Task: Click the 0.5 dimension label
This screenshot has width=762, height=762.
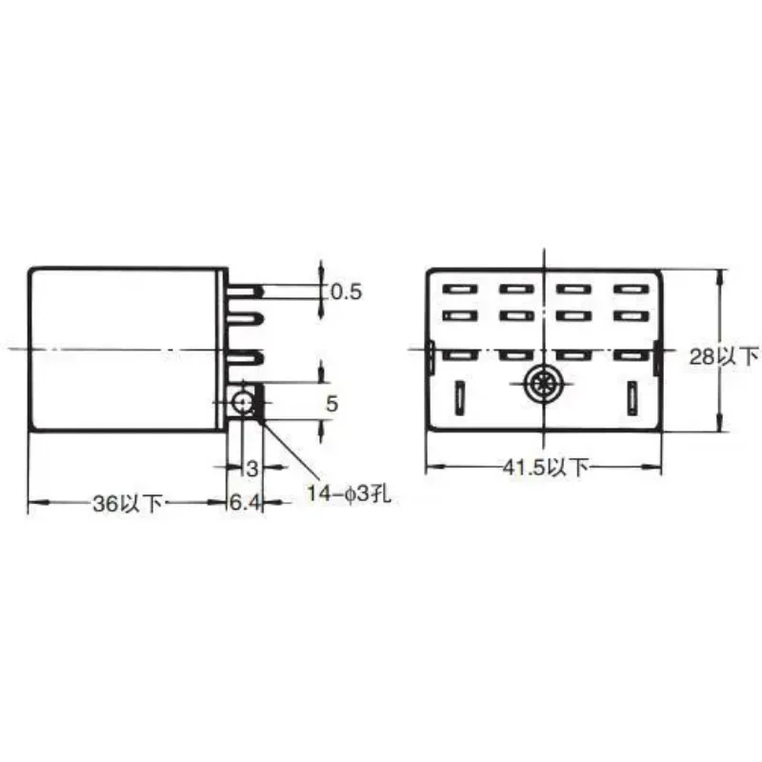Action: click(x=347, y=291)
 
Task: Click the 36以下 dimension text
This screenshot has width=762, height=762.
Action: click(x=128, y=504)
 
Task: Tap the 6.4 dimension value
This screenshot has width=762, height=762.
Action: click(x=246, y=503)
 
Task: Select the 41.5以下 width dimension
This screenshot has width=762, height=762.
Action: click(x=545, y=468)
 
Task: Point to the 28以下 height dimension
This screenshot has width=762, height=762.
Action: click(x=724, y=357)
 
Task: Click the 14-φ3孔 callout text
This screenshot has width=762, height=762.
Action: click(x=349, y=494)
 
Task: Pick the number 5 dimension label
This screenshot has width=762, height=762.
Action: click(x=331, y=404)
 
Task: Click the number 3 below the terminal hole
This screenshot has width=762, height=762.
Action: click(x=252, y=469)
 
